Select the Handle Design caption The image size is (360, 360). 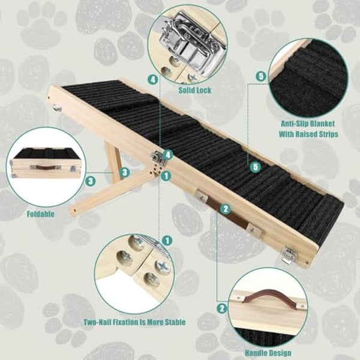pyautogui.click(x=268, y=353)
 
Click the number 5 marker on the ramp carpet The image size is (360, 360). pyautogui.click(x=256, y=167)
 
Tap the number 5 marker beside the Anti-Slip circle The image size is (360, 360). pyautogui.click(x=260, y=76)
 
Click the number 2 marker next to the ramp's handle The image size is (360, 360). pyautogui.click(x=226, y=209)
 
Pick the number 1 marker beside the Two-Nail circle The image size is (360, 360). pyautogui.click(x=167, y=240)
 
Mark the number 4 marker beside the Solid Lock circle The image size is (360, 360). pyautogui.click(x=154, y=79)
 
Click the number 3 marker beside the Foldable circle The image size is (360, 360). pyautogui.click(x=90, y=180)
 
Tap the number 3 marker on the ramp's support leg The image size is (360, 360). pyautogui.click(x=124, y=172)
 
